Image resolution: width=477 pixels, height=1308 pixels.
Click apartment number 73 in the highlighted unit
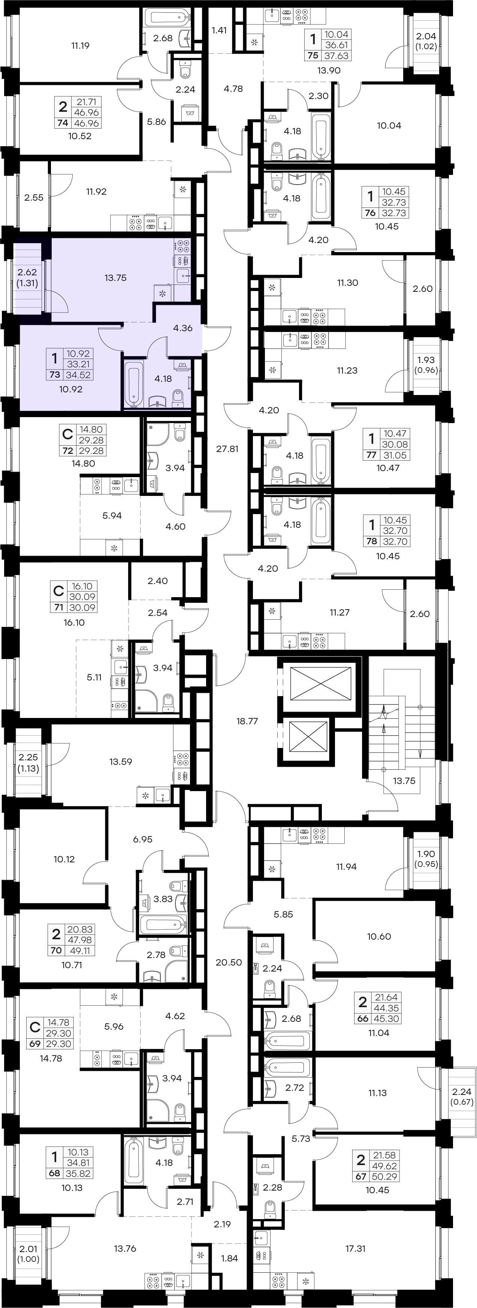tap(54, 375)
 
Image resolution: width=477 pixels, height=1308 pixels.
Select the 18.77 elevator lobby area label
tap(247, 721)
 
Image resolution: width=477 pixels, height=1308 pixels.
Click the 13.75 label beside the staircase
tap(404, 781)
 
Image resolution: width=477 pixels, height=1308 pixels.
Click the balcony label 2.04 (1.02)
tap(426, 41)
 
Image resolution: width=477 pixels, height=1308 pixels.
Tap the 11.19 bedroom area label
tap(80, 46)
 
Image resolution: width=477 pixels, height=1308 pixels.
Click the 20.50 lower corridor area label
tap(228, 962)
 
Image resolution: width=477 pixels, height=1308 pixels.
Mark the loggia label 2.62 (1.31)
tap(27, 278)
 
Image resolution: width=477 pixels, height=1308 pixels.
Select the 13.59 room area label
tap(120, 761)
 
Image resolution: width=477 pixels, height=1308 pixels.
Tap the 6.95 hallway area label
tap(143, 839)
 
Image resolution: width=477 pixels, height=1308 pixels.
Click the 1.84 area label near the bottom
tap(229, 1258)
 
